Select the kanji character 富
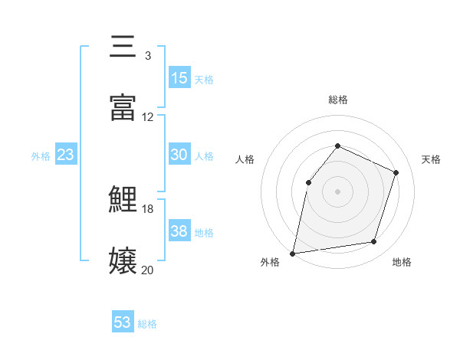[123, 107]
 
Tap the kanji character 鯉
[123, 201]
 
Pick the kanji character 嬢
[123, 260]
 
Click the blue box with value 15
[179, 78]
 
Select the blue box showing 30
[179, 155]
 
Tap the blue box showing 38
[179, 231]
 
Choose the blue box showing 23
[66, 155]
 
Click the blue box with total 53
[123, 322]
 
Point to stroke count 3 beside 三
[147, 55]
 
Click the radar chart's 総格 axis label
[337, 100]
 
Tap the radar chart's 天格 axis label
[431, 159]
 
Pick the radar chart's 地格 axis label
[402, 263]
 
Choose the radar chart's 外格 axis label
[270, 263]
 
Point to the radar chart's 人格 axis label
[245, 159]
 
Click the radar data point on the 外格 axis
[293, 253]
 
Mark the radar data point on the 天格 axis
[396, 172]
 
